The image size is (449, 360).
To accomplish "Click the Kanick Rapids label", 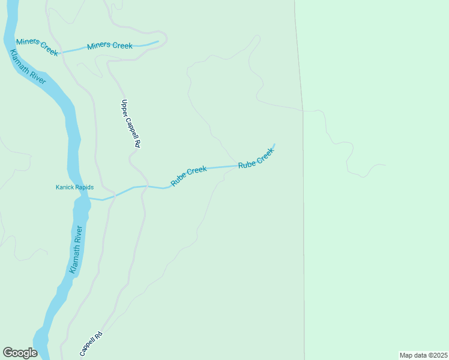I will [74, 187].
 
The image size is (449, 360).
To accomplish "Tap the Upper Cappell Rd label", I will [130, 124].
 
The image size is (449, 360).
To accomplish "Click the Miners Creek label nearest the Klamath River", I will [37, 47].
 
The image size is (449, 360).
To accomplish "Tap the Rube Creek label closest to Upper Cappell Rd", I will [188, 176].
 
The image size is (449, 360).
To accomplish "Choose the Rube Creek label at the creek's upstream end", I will [256, 158].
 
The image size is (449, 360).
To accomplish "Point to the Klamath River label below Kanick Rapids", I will [75, 250].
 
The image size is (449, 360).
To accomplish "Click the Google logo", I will [20, 353].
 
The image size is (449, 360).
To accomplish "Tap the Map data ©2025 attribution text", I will [423, 355].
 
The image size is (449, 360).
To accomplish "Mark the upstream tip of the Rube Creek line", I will [274, 145].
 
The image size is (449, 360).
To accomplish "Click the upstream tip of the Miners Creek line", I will [158, 41].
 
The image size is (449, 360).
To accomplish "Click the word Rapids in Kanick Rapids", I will [83, 187].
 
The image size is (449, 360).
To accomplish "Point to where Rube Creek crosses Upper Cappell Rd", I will [144, 186].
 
